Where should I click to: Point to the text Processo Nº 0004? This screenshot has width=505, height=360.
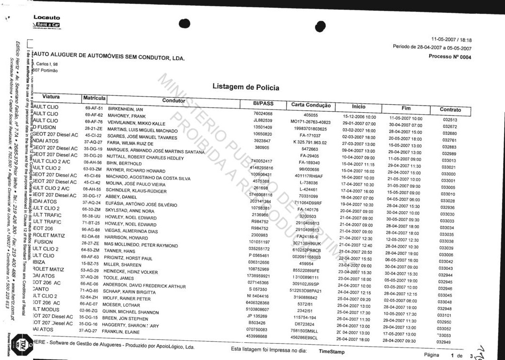pyautogui.click(x=449, y=57)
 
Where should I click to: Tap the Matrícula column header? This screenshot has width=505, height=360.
pyautogui.click(x=94, y=98)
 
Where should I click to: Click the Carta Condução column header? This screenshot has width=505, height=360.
pyautogui.click(x=311, y=105)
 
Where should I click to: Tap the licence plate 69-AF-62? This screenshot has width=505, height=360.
pyautogui.click(x=94, y=115)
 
